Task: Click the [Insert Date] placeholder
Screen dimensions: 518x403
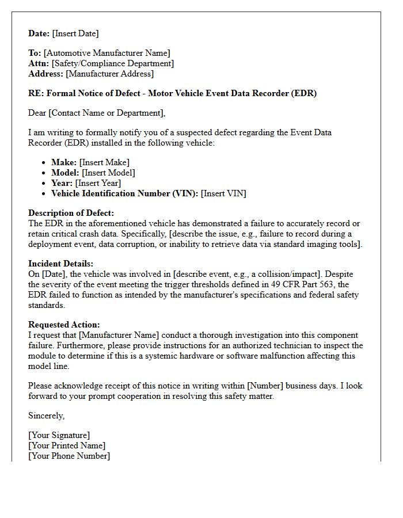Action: click(x=75, y=33)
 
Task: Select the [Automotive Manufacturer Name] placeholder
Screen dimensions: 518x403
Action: click(x=107, y=54)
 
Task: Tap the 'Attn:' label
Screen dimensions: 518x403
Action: click(x=39, y=64)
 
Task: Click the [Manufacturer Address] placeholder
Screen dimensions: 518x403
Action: click(x=109, y=74)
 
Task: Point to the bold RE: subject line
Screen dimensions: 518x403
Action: click(x=172, y=93)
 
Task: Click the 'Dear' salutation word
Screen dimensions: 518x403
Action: click(x=37, y=113)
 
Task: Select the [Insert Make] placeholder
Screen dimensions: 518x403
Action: click(x=104, y=162)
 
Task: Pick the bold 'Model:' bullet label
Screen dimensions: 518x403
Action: click(x=65, y=173)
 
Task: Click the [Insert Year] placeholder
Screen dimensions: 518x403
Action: click(x=98, y=183)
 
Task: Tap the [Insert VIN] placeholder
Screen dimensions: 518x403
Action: click(x=223, y=193)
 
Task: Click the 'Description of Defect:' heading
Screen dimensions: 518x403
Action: click(x=71, y=213)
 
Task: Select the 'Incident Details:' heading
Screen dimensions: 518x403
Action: click(x=60, y=264)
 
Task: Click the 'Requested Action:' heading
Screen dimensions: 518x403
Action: click(x=64, y=325)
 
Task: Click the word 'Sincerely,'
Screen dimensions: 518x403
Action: click(x=47, y=416)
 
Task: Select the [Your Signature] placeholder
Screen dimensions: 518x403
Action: click(x=59, y=435)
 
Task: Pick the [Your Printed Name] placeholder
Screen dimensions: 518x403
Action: click(x=67, y=445)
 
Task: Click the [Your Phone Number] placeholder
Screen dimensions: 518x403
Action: click(x=69, y=456)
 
